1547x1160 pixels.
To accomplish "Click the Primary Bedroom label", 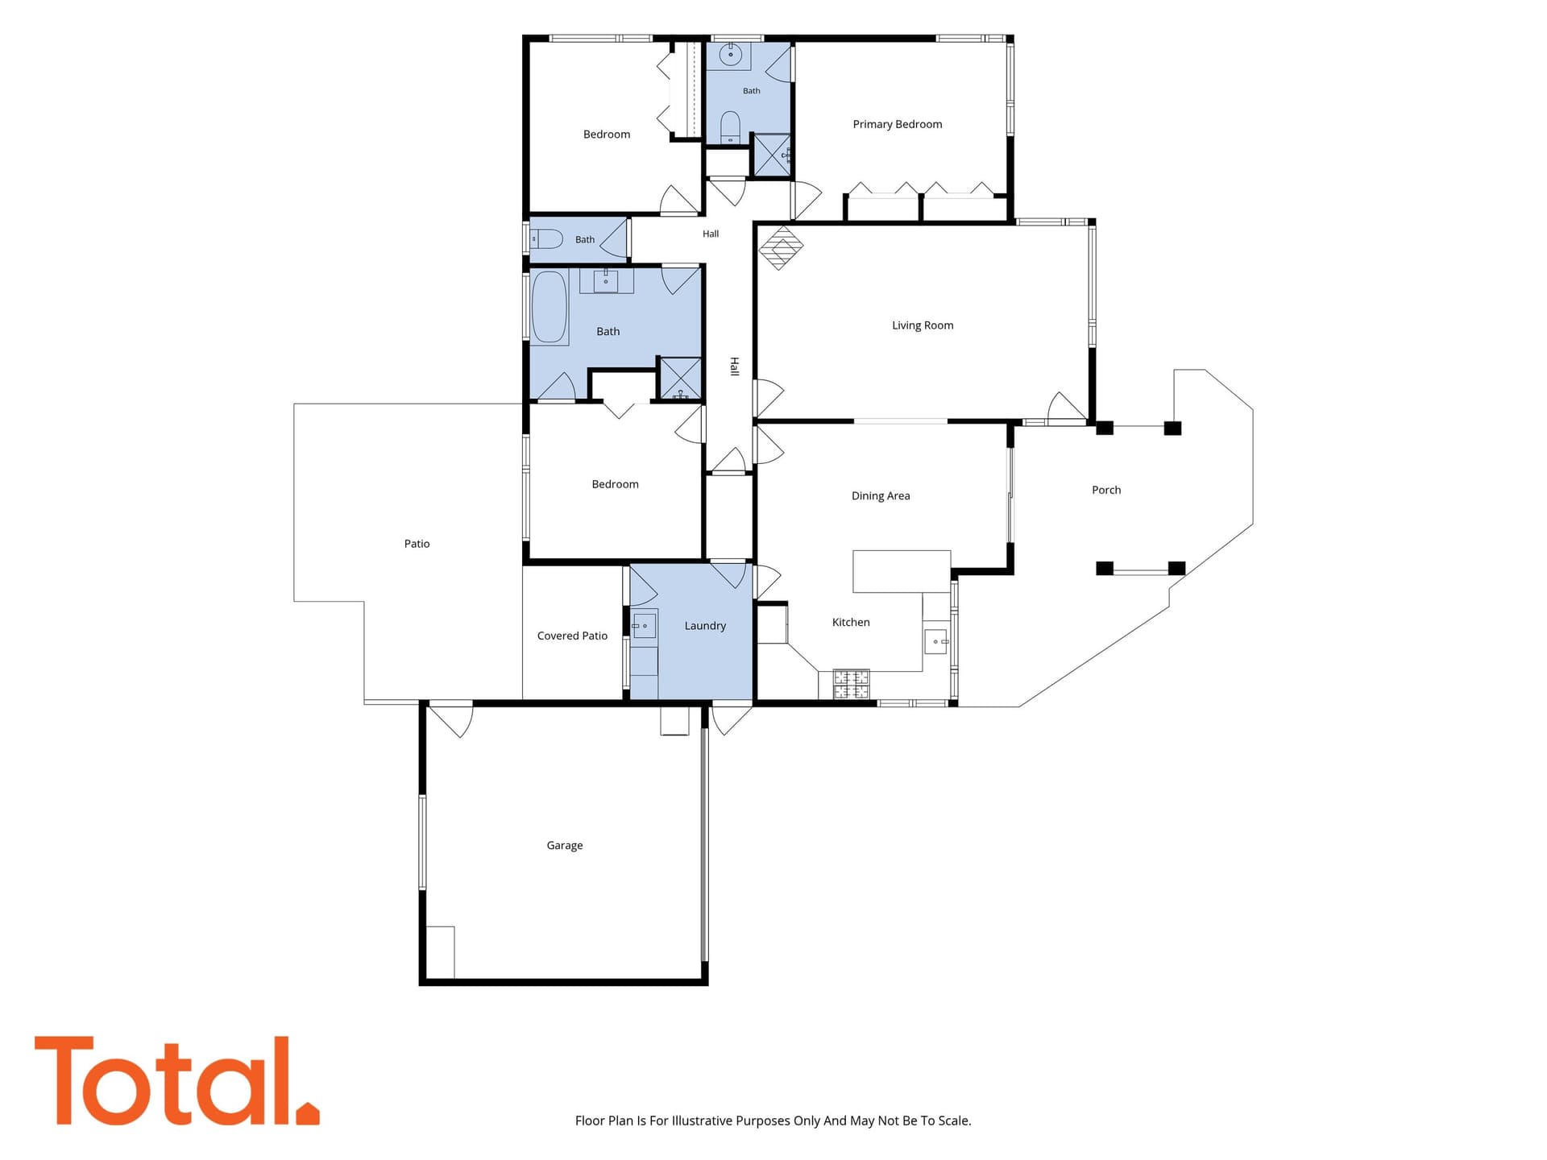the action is (x=897, y=124).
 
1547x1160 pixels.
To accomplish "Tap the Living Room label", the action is (x=923, y=325).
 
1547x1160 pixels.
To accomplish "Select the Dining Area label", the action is (x=881, y=495).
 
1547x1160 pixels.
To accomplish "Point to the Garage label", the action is (x=564, y=845).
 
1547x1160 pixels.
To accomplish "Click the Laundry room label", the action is (x=705, y=626).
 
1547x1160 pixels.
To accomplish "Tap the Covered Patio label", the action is (x=572, y=636).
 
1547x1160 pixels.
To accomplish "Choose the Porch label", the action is (x=1106, y=490).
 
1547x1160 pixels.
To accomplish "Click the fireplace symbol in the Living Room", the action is (x=781, y=247).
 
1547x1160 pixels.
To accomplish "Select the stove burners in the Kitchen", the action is (x=851, y=684).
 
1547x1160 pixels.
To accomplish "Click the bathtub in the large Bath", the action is (x=550, y=307).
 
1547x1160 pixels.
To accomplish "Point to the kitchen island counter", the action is (x=902, y=571).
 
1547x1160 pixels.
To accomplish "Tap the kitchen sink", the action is (x=935, y=641).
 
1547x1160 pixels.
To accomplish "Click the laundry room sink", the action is (x=644, y=626).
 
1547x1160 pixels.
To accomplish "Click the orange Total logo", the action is (x=176, y=1081).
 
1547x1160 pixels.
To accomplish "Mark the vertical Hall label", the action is (x=734, y=367).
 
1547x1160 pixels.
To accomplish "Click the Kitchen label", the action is (x=851, y=622).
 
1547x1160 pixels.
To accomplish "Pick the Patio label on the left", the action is (x=417, y=544).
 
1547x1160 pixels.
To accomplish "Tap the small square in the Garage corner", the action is (x=440, y=952).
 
